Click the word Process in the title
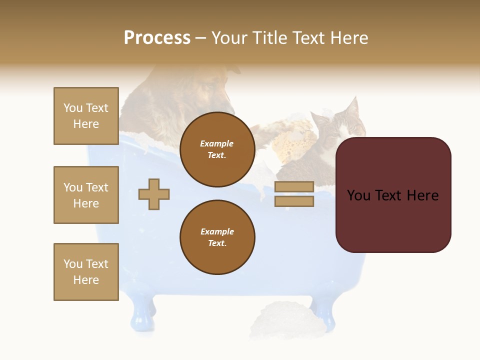(157, 38)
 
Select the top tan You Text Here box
(86, 116)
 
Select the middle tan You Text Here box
(86, 195)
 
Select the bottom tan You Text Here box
(86, 272)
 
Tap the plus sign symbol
(154, 194)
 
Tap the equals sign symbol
(294, 194)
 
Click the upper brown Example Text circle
(217, 149)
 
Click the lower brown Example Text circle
(217, 237)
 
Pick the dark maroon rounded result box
(393, 195)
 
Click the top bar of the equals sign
(294, 187)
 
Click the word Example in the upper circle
(217, 143)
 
